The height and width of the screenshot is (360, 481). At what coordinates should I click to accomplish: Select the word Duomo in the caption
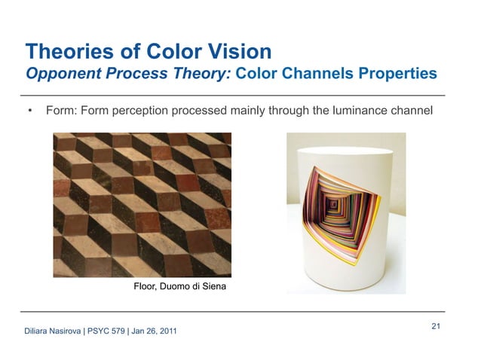coord(176,286)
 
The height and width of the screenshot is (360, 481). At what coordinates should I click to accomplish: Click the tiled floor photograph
coord(142,204)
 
